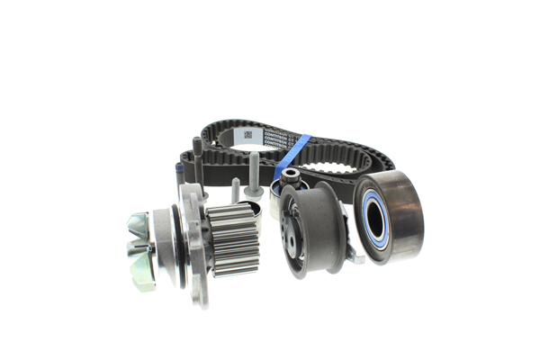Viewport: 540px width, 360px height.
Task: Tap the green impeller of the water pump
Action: click(x=139, y=248)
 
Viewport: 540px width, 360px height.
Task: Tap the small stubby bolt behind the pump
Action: click(x=235, y=191)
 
